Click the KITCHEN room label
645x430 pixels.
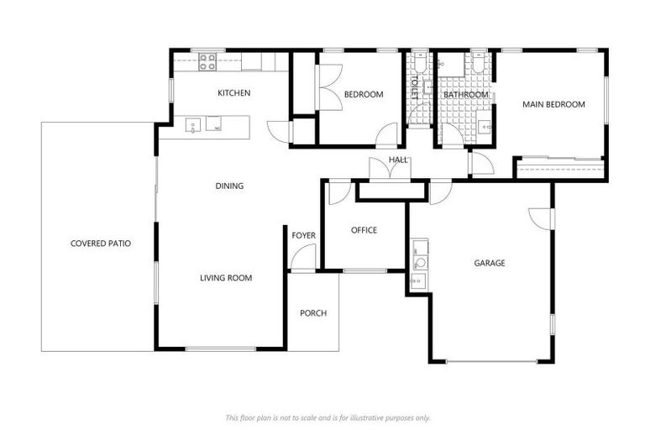[x=233, y=93]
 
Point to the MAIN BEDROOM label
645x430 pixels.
[x=553, y=104]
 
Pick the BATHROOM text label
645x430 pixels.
[x=466, y=95]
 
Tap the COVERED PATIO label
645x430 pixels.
[x=100, y=244]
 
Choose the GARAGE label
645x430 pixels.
[x=490, y=263]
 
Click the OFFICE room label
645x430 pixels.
[x=364, y=230]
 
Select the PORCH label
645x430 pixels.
[x=313, y=313]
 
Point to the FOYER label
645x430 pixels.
[x=303, y=235]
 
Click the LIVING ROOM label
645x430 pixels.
[x=226, y=278]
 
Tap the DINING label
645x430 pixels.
[x=229, y=186]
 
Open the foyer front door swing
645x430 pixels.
[x=301, y=260]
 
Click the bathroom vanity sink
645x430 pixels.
[x=485, y=127]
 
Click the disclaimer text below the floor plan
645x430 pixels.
[x=328, y=417]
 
